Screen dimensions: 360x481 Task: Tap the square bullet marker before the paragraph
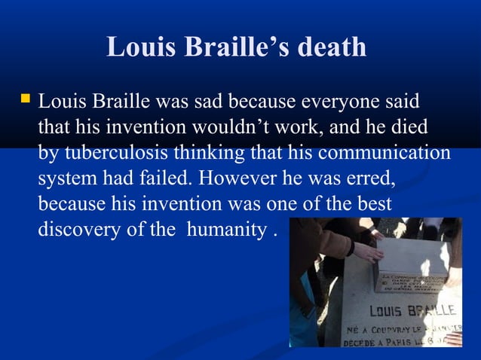point(26,99)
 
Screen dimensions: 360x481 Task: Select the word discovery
point(76,229)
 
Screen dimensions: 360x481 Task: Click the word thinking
point(208,152)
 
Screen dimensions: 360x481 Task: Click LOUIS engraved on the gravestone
point(386,311)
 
